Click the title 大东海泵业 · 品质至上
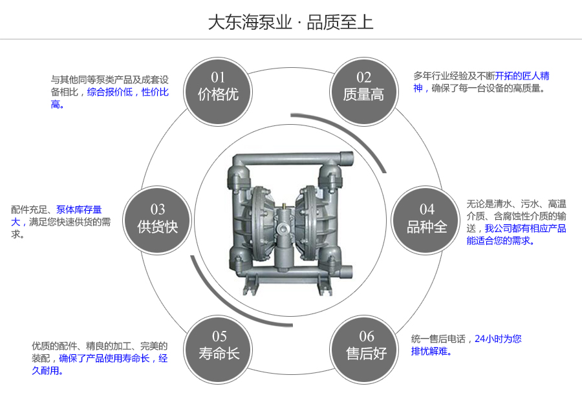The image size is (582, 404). pos(290,22)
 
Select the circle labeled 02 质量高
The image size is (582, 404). pos(363,87)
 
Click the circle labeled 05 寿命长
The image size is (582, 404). pos(219,345)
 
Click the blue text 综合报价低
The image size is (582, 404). pos(110,92)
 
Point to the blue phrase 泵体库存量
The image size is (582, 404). pos(79,209)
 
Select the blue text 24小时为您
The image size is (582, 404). pos(498,339)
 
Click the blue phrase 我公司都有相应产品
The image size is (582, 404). pos(525,228)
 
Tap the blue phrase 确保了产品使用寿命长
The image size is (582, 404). pos(105,358)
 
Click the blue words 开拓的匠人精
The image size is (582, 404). pos(523,76)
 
